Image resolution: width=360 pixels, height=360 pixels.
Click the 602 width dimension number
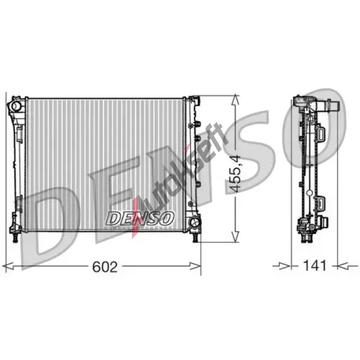pyautogui.click(x=105, y=266)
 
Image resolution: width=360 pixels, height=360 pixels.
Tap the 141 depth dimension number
pyautogui.click(x=315, y=266)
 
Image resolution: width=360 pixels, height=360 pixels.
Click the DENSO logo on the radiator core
pyautogui.click(x=139, y=218)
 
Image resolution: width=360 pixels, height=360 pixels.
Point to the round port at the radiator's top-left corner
pyautogui.click(x=16, y=106)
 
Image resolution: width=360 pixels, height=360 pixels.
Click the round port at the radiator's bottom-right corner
pyautogui.click(x=194, y=222)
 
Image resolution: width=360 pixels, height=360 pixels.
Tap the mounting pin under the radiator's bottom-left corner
pyautogui.click(x=15, y=238)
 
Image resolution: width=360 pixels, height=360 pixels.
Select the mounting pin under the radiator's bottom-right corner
pyautogui.click(x=196, y=238)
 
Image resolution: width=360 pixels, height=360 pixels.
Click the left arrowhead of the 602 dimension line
pyautogui.click(x=9, y=266)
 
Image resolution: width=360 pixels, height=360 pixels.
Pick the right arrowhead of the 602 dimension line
pyautogui.click(x=196, y=266)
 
